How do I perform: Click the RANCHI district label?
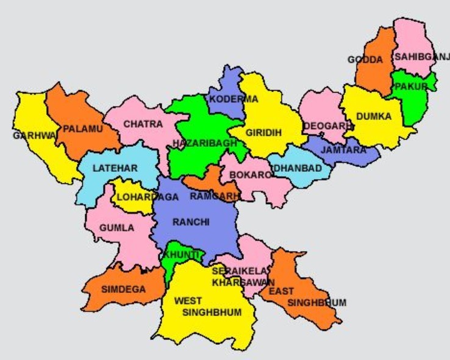click(x=191, y=222)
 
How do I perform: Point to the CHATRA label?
click(x=143, y=124)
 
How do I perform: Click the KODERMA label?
click(x=234, y=99)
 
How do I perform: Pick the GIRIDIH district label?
click(x=263, y=132)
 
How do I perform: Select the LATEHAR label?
click(x=115, y=168)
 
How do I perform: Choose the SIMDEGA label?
click(x=124, y=289)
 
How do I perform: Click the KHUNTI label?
click(x=182, y=254)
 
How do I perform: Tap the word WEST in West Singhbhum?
click(x=188, y=301)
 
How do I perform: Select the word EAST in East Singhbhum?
click(x=281, y=292)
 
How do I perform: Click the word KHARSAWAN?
click(x=243, y=283)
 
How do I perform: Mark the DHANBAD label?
click(x=298, y=168)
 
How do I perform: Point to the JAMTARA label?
click(x=344, y=150)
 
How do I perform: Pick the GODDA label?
click(x=365, y=60)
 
